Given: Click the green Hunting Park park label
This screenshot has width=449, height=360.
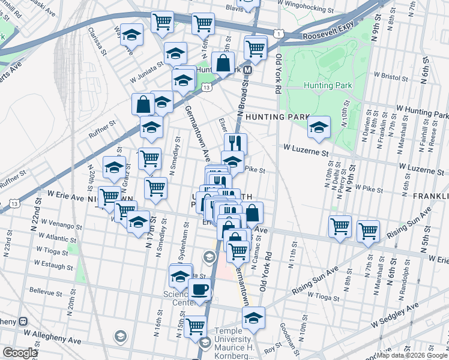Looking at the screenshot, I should (x=327, y=86).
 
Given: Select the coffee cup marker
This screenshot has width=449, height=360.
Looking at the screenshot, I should (x=199, y=290).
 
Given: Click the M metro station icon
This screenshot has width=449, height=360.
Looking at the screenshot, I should (x=248, y=70).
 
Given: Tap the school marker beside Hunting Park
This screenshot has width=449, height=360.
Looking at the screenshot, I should (x=319, y=127).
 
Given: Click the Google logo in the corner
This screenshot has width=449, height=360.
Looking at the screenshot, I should (x=20, y=353).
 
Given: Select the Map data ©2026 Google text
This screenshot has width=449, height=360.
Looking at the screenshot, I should (x=411, y=355).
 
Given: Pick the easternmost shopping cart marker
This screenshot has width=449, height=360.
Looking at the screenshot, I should (x=368, y=231).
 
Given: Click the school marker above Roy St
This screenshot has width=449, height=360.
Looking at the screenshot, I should (x=254, y=318).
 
